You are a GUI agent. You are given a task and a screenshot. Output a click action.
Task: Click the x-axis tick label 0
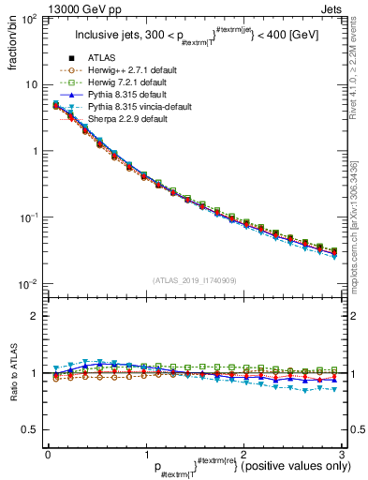[47, 453]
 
